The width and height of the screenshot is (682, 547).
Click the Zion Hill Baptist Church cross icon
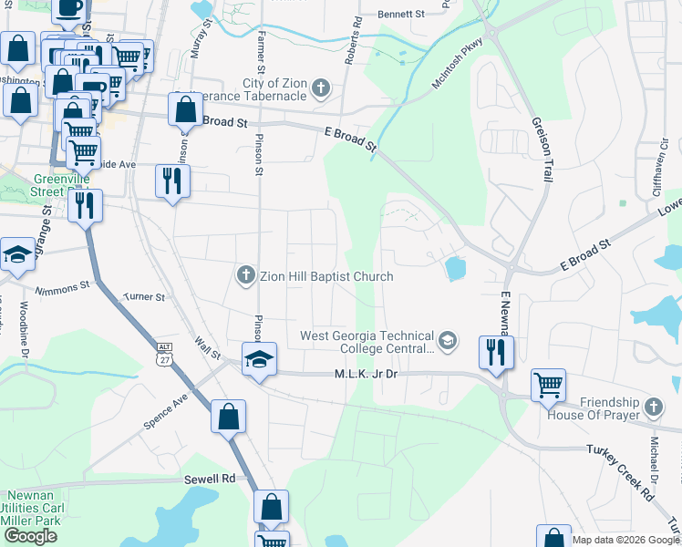244,274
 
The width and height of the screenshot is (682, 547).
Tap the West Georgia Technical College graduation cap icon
447,341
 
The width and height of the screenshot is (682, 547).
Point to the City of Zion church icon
319,88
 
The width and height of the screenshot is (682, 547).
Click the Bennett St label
402,15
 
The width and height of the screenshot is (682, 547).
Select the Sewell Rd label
214,478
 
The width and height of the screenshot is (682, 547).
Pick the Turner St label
144,297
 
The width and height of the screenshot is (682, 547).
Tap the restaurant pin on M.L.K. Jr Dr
496,352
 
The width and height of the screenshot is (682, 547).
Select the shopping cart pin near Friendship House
548,385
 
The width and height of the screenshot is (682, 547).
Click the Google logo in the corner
30,536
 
